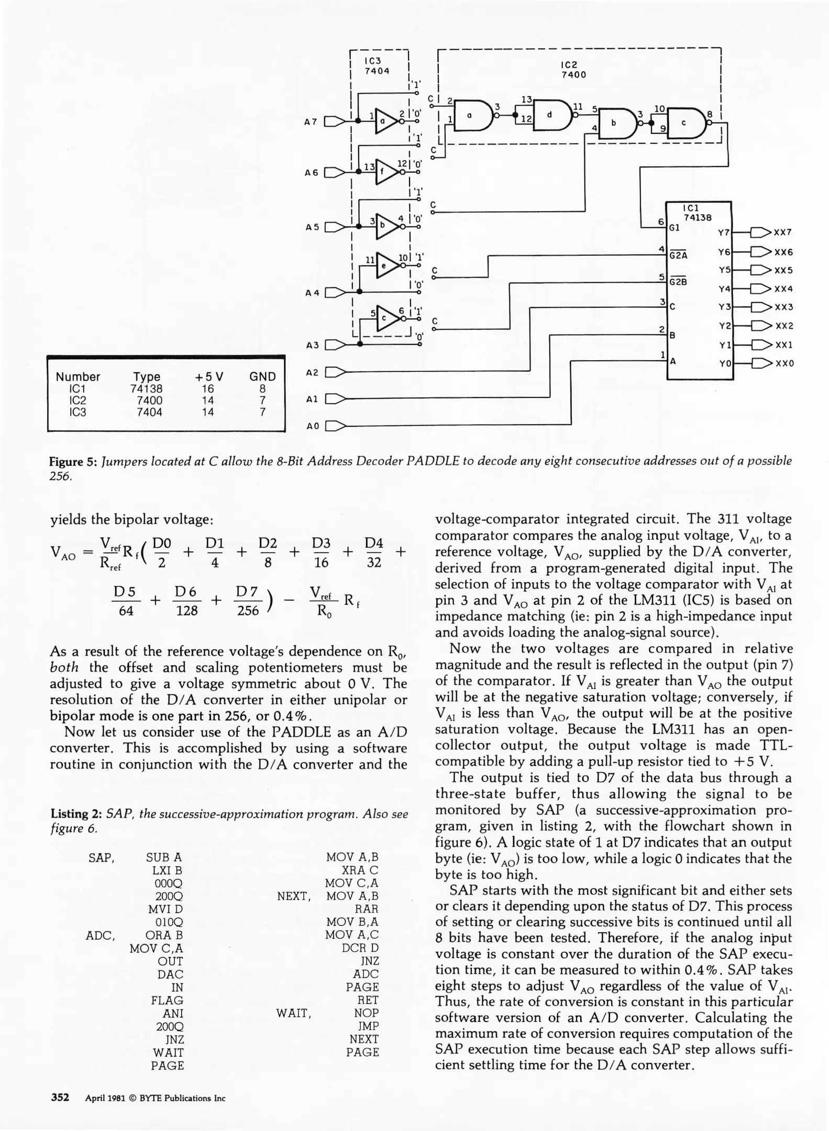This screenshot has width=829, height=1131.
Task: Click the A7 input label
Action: click(x=311, y=121)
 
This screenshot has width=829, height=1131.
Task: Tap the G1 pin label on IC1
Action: click(x=676, y=228)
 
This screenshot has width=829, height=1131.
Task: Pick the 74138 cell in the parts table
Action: click(x=146, y=389)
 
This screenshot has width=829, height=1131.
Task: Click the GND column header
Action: click(x=262, y=376)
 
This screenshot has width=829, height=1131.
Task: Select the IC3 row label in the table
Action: click(x=78, y=412)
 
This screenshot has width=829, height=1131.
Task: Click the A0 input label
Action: click(x=313, y=426)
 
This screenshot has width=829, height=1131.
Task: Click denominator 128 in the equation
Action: click(x=186, y=610)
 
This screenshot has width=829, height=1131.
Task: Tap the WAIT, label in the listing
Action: click(x=294, y=1013)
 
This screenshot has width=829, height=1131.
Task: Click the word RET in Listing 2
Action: click(x=368, y=1000)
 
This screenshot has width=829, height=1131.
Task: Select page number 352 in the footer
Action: click(x=60, y=1097)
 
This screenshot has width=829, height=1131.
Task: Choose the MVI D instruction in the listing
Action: click(x=165, y=909)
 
